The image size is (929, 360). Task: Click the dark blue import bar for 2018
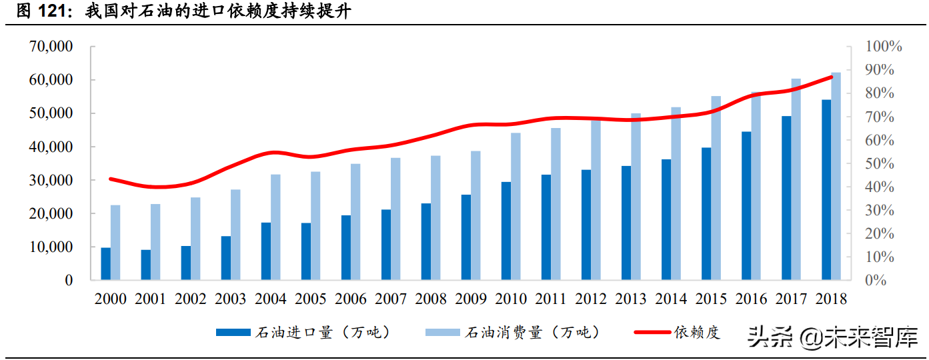click(x=826, y=190)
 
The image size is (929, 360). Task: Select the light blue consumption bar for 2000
click(x=115, y=243)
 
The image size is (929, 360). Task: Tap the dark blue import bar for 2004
click(x=265, y=251)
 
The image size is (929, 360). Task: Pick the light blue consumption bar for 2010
click(x=516, y=207)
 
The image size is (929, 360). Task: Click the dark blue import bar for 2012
click(x=586, y=225)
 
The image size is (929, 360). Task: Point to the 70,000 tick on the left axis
click(x=51, y=47)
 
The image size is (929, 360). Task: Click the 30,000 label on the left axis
click(x=51, y=180)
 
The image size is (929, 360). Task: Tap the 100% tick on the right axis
click(x=883, y=47)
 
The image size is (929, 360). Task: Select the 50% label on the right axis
click(x=879, y=163)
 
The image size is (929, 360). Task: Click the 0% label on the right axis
click(x=875, y=281)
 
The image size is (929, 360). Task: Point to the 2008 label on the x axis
click(x=431, y=299)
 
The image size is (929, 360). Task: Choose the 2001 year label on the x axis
click(x=150, y=299)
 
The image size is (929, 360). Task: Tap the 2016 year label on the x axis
click(x=751, y=299)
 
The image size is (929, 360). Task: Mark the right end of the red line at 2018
click(x=831, y=77)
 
